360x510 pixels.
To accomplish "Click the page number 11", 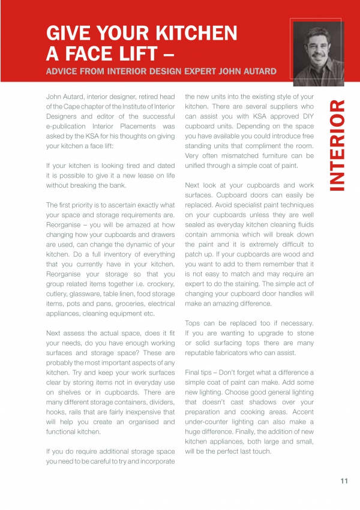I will (344, 480).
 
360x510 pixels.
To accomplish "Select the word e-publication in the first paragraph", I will (72, 127).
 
